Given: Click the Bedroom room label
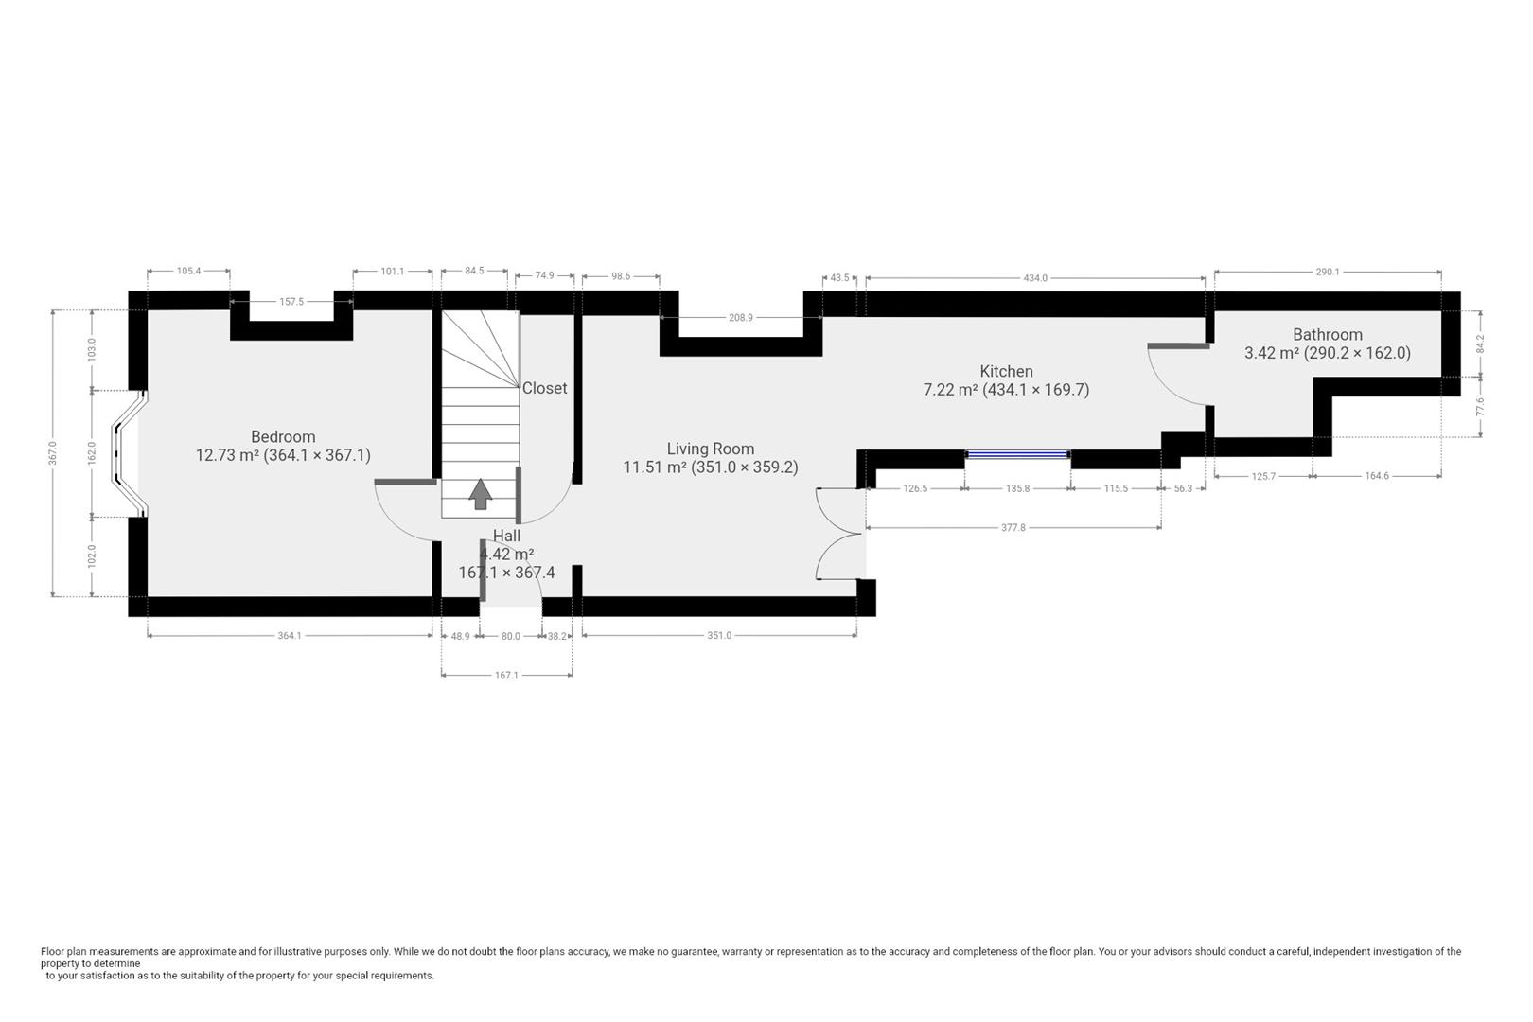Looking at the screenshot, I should tap(282, 437).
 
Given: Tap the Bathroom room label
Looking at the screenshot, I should tap(1327, 335).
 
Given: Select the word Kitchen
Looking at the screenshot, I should tap(1006, 372).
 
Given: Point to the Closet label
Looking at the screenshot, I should tap(545, 388).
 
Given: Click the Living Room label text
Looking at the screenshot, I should tap(710, 449).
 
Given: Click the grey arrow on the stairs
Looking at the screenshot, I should tap(481, 493).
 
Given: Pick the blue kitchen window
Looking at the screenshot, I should tap(1017, 455).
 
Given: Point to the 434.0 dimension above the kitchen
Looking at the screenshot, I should tap(1035, 278).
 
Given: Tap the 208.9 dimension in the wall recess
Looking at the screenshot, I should tap(741, 319).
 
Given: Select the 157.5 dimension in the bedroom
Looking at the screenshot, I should tap(291, 303).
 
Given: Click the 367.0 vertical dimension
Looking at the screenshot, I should tap(53, 452).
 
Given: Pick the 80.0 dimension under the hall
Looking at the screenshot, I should tap(510, 637).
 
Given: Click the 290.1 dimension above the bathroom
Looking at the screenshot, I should tap(1327, 273).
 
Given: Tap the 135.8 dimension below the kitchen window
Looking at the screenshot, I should tap(1017, 489).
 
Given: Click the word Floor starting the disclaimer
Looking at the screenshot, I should tap(53, 952).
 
